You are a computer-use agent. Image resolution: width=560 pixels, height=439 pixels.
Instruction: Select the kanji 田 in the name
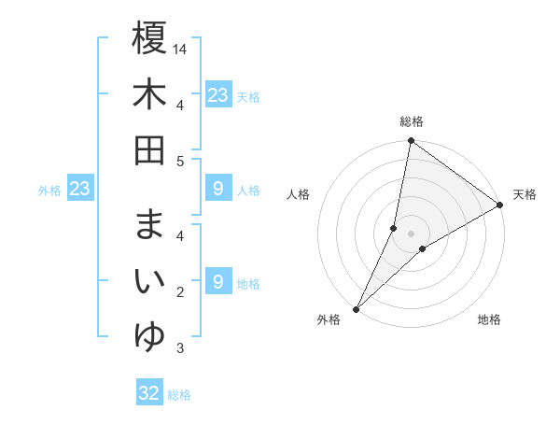149,150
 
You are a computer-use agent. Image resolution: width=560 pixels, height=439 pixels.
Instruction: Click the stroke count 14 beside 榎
180,49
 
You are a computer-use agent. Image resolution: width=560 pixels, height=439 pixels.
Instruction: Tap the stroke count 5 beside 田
180,161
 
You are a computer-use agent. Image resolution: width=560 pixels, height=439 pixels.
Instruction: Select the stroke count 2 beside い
180,293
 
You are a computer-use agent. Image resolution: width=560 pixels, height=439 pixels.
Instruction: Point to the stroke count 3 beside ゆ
180,349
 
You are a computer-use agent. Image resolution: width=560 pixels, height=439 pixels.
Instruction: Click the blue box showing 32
149,393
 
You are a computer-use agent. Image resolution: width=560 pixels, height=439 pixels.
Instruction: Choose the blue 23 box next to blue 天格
217,95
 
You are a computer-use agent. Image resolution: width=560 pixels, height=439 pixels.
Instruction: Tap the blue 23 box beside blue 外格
79,190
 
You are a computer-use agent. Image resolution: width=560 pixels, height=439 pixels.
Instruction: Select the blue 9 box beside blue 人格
217,190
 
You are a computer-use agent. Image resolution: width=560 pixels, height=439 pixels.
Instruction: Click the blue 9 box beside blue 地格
217,282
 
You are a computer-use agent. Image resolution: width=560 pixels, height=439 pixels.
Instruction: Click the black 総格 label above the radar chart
412,121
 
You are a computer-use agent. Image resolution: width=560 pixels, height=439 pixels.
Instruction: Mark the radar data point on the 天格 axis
500,205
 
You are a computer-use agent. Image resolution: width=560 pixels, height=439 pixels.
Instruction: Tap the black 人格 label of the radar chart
299,194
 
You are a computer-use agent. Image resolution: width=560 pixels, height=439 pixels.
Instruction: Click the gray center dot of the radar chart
412,234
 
